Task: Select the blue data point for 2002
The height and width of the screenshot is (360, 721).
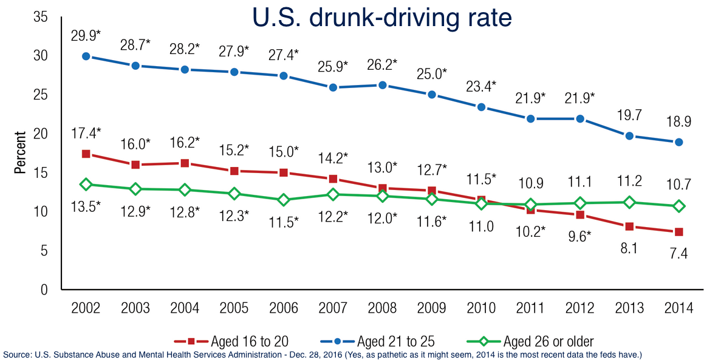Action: [86, 56]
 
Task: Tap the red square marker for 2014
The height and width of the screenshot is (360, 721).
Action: [679, 232]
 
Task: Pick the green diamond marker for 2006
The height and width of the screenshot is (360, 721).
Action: [283, 200]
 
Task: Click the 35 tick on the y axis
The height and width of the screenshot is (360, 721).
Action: [41, 17]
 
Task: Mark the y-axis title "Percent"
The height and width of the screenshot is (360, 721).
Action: [21, 152]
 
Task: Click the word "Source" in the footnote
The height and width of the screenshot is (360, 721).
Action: [18, 354]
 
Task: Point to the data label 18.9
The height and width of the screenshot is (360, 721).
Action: [679, 121]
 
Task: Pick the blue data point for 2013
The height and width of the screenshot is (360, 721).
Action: [630, 136]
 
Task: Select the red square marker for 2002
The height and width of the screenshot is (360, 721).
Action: [86, 154]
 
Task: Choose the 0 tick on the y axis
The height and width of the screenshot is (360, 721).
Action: [44, 290]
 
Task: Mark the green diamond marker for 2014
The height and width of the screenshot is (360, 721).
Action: [679, 206]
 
